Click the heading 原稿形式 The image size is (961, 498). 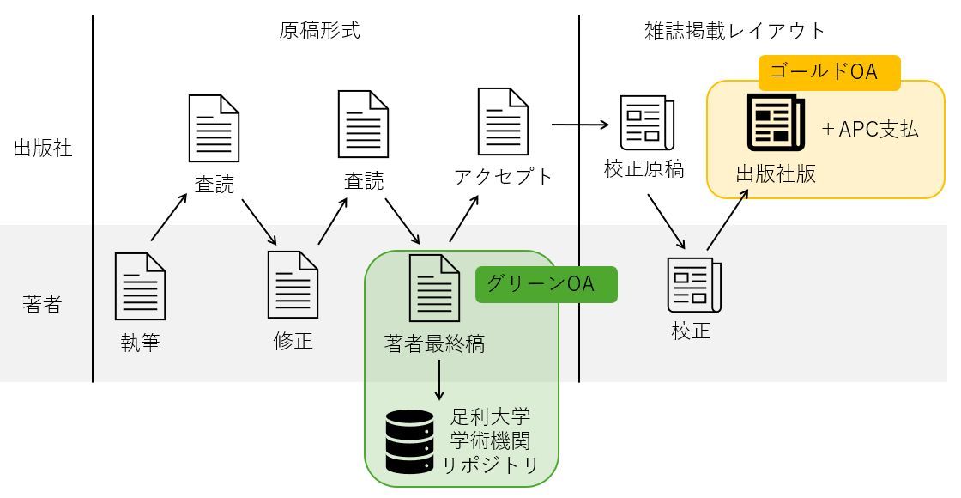tap(320, 31)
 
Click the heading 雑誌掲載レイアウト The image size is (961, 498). tap(734, 31)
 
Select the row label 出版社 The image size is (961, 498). tap(43, 148)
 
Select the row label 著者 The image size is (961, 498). tap(43, 304)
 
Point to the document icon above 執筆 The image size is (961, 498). tap(140, 287)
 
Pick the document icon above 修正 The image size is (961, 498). tap(293, 284)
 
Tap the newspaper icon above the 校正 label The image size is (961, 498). tap(693, 286)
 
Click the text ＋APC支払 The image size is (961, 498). tap(869, 130)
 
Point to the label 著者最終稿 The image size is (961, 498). tap(435, 344)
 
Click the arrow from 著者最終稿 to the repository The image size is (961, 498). tap(439, 379)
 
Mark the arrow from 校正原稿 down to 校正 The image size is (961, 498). tap(666, 222)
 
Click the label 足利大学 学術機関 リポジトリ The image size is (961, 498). tap(491, 441)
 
